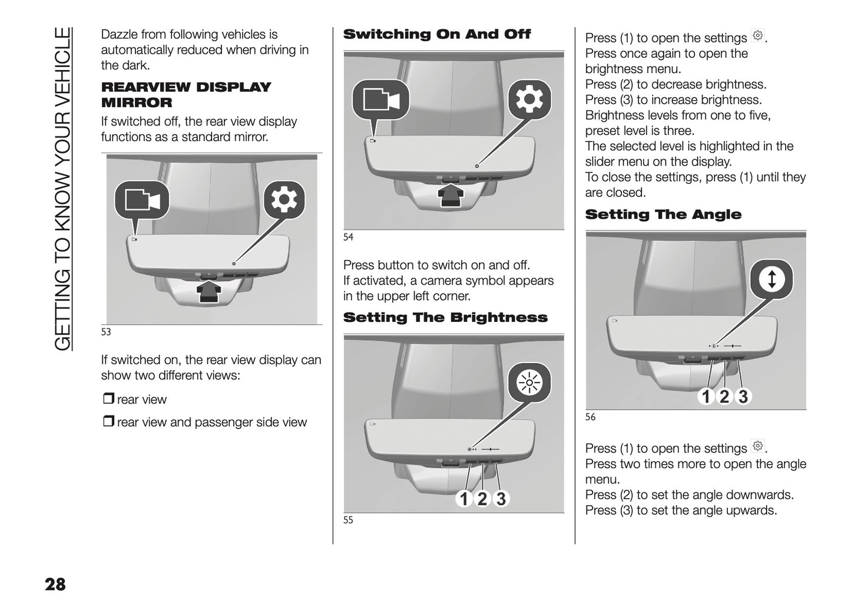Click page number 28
55,584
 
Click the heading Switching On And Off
436,34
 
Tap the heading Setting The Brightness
445,318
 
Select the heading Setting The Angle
663,215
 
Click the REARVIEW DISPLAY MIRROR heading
186,95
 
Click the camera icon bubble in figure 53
142,200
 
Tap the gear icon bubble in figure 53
284,200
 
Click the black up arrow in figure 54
451,196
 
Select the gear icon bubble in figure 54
529,100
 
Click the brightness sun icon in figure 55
529,383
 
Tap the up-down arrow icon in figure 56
771,279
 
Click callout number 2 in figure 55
482,499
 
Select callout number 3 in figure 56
743,397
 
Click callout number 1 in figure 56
706,397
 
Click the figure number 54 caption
348,237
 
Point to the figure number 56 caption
590,417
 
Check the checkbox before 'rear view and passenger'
108,421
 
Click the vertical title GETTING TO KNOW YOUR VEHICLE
62,189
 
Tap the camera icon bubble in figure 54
380,100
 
